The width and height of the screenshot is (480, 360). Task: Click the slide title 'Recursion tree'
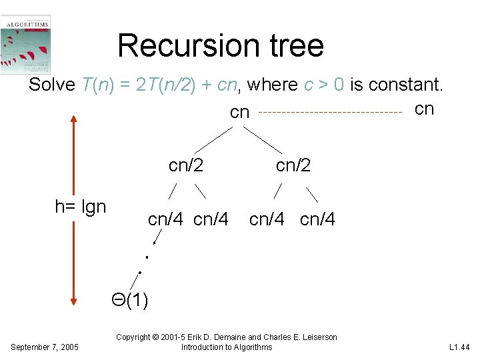click(221, 45)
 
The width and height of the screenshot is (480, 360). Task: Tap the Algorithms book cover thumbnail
click(26, 44)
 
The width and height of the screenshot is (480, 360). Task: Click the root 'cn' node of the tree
click(239, 113)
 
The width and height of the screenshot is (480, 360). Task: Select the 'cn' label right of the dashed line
click(424, 109)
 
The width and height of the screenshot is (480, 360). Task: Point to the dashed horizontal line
click(329, 113)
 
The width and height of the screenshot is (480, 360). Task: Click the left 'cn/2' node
click(186, 165)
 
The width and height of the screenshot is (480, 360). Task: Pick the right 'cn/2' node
click(293, 165)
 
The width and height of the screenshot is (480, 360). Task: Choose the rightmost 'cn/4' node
click(318, 219)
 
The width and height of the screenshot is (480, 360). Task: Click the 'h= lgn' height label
click(81, 207)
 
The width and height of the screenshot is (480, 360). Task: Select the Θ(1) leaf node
click(130, 301)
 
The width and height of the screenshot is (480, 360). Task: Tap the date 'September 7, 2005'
click(45, 347)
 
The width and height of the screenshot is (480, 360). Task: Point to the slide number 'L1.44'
click(459, 347)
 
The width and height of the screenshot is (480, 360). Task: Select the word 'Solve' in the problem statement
click(52, 85)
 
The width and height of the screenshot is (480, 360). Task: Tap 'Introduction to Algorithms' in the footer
click(227, 347)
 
